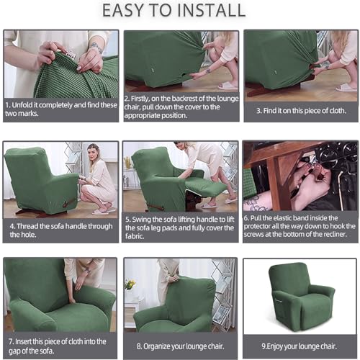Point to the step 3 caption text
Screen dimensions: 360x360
(x=301, y=110)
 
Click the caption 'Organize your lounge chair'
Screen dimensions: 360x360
(x=179, y=345)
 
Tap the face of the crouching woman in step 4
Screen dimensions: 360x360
(x=92, y=153)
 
